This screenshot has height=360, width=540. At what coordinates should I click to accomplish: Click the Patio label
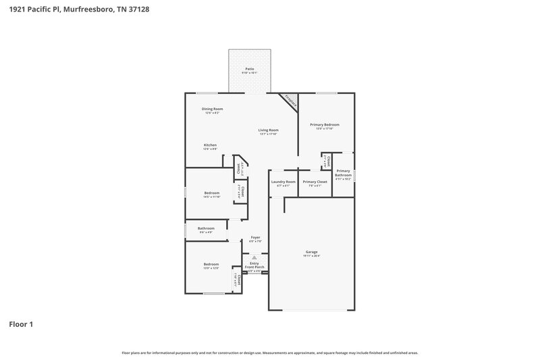(x=250, y=69)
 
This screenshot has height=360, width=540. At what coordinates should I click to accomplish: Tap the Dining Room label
(x=213, y=109)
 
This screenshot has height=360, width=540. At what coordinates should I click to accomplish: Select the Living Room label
(x=269, y=130)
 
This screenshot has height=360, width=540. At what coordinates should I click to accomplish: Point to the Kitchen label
(x=211, y=145)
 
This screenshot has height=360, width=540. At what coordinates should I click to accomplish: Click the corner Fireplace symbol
(x=290, y=99)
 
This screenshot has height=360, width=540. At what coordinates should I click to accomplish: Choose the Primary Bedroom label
(x=325, y=125)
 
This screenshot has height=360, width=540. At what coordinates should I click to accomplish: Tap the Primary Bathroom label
(x=343, y=173)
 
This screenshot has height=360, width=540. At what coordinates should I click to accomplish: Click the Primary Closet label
(x=315, y=182)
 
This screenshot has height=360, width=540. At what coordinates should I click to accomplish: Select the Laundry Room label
(x=283, y=182)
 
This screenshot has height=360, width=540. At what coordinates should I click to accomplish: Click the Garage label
(x=311, y=252)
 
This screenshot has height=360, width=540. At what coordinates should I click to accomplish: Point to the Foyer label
(x=255, y=237)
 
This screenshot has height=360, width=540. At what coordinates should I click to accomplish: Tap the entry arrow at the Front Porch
(x=254, y=258)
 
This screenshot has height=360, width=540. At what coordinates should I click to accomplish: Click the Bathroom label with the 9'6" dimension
(x=206, y=228)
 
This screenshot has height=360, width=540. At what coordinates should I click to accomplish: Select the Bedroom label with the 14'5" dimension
(x=212, y=193)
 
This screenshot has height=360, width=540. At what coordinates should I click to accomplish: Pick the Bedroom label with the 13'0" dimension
(x=211, y=264)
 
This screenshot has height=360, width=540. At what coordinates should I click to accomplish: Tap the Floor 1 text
(x=20, y=324)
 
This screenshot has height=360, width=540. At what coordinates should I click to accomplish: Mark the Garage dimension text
(x=311, y=256)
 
